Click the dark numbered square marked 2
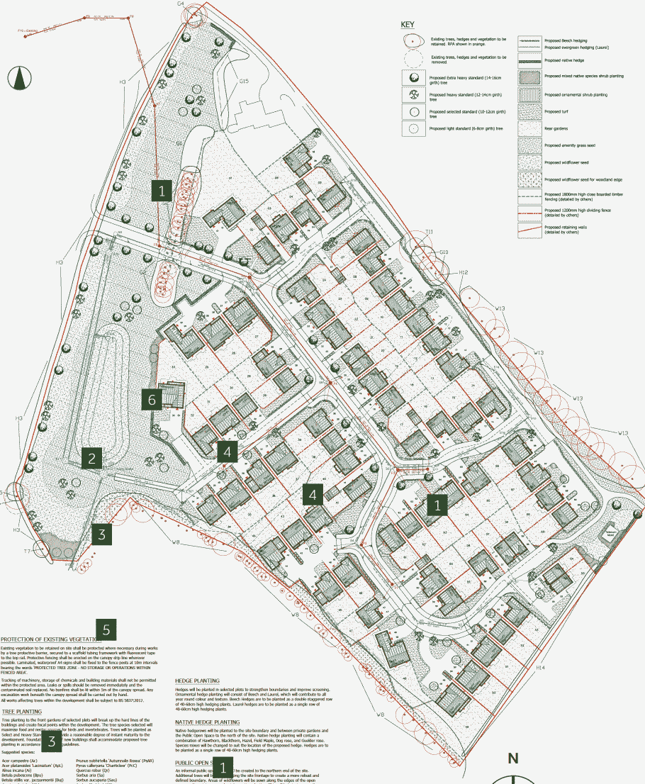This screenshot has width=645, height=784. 91,457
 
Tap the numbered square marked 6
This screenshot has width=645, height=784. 152,400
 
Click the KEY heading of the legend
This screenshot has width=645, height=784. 408,24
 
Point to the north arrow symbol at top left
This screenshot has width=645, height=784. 19,74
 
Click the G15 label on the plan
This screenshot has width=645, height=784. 244,82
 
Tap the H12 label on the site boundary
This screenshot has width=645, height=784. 464,272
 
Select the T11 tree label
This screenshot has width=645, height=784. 429,232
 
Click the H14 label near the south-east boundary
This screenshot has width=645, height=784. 541,667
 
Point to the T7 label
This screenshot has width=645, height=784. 27,551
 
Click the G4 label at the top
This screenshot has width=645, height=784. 181,4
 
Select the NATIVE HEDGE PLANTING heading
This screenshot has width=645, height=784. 207,722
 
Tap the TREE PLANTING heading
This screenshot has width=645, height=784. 21,711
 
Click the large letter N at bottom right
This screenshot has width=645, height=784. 512,758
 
